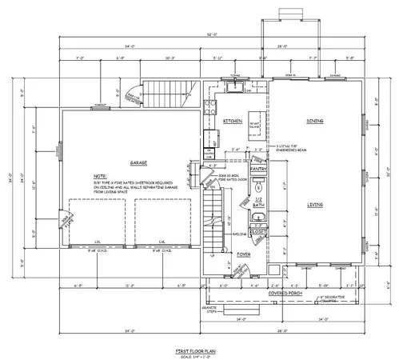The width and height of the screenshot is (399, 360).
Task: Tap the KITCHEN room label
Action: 233,122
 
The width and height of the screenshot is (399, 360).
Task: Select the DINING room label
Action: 314,122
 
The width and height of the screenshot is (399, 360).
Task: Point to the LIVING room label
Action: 314,204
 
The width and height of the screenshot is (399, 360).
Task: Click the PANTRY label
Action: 257,170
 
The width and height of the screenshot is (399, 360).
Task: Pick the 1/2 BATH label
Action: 258,202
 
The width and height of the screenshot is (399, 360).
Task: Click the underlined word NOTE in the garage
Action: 98,175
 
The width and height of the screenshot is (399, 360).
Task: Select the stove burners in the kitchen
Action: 209,106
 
